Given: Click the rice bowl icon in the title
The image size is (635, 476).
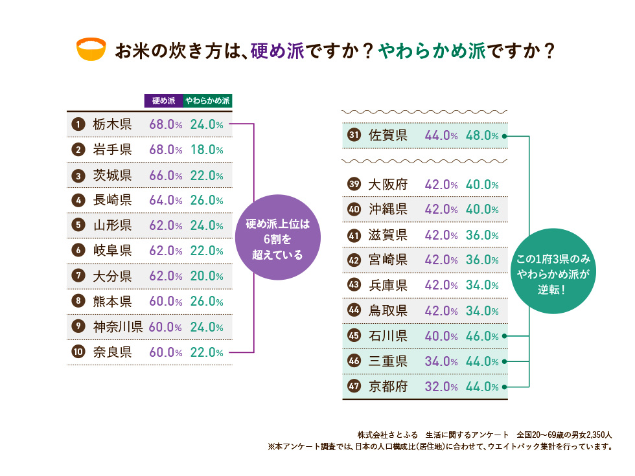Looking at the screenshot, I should tap(91, 51).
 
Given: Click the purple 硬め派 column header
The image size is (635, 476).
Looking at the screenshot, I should tap(163, 101).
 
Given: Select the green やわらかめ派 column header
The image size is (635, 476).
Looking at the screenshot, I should tap(207, 101).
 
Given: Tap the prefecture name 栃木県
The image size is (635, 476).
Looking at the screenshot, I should tap(112, 124).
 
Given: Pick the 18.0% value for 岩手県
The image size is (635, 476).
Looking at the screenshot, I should tap(207, 150).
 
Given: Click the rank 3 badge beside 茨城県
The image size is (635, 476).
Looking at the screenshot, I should tap(78, 175).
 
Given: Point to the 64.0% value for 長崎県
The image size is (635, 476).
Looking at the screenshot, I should tap(165, 200).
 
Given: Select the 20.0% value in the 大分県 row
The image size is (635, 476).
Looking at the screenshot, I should tap(207, 276).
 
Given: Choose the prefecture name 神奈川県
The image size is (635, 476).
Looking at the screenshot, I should tap(118, 326).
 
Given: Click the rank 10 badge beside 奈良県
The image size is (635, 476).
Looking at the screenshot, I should tap(78, 352).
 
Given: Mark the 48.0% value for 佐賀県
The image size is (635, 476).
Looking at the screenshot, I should tap(482, 136).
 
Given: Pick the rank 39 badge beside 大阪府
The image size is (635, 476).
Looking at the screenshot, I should tap(354, 185).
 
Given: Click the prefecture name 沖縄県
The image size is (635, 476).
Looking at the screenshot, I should tap(388, 210).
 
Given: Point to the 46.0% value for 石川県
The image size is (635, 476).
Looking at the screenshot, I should tap(482, 336).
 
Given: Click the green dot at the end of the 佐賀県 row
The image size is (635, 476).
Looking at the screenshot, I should tap(503, 136).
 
